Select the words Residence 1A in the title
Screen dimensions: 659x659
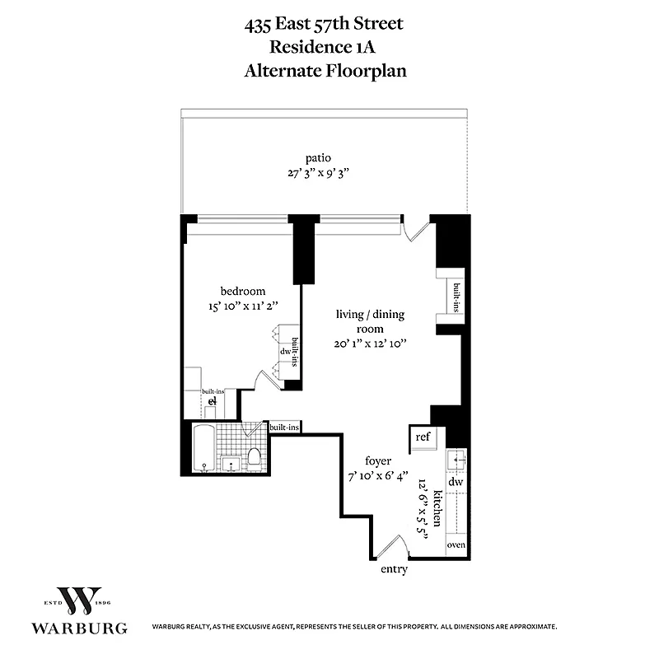tap(325, 47)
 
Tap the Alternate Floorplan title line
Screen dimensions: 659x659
tap(325, 71)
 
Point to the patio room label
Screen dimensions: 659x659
tap(319, 158)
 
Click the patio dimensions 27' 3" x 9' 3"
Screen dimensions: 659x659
tap(319, 173)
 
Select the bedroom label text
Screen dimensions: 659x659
tap(242, 291)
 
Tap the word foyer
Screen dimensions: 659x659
tap(378, 461)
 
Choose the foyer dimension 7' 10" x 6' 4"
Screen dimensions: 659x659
tap(378, 476)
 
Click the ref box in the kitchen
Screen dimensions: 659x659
tap(422, 437)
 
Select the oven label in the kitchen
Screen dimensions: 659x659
tap(456, 545)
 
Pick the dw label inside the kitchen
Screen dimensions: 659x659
tap(456, 481)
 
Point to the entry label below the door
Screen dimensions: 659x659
tap(393, 569)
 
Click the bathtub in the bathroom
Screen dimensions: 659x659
tap(203, 449)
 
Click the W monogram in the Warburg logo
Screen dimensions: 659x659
tap(78, 602)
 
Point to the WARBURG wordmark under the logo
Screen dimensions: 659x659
tap(79, 628)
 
